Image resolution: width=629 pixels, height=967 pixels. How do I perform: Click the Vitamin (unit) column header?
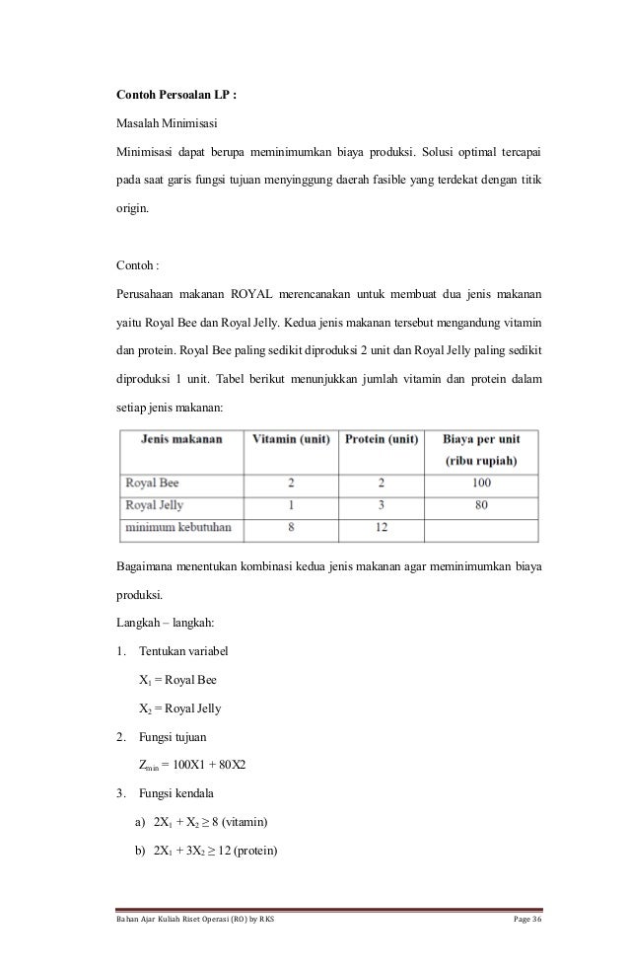click(x=290, y=439)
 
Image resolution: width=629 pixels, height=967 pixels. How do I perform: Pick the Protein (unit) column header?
click(x=381, y=439)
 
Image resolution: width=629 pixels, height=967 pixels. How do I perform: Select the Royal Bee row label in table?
click(x=152, y=483)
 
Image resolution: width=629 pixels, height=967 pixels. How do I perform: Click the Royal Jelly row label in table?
click(x=154, y=505)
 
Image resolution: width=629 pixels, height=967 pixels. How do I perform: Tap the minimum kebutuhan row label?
click(x=177, y=527)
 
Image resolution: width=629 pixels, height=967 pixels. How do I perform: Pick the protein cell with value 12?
click(x=381, y=527)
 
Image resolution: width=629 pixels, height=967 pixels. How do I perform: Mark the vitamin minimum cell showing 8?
click(x=290, y=527)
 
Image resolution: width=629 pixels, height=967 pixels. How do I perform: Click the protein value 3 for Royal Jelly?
click(x=381, y=505)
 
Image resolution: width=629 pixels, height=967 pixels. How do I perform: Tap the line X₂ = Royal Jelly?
click(x=181, y=708)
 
